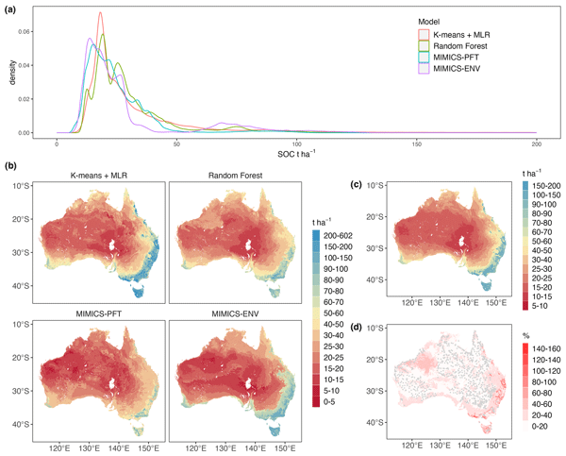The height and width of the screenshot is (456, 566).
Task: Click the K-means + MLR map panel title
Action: pos(101,177)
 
